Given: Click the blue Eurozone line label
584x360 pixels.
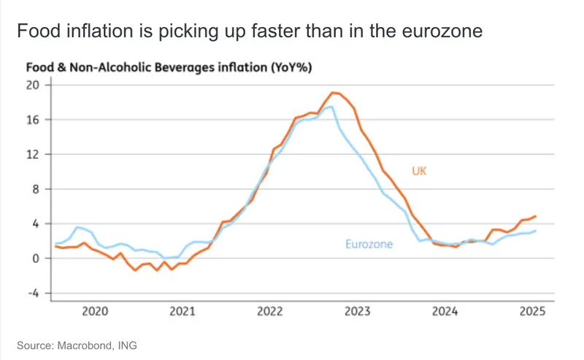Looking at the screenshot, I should point(369,244).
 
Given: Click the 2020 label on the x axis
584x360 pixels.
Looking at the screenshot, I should point(96,312).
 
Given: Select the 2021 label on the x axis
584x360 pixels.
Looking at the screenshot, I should point(182,312).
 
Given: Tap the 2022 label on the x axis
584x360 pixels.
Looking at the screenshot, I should point(270,312).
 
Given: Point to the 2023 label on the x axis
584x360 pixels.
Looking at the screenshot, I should point(357,312).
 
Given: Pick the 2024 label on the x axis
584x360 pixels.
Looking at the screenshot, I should point(445,312).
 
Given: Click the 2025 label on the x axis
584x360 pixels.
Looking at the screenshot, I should point(531,312).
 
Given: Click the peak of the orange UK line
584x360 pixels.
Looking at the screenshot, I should point(334,93).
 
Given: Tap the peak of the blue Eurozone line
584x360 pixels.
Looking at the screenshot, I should point(331,107).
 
